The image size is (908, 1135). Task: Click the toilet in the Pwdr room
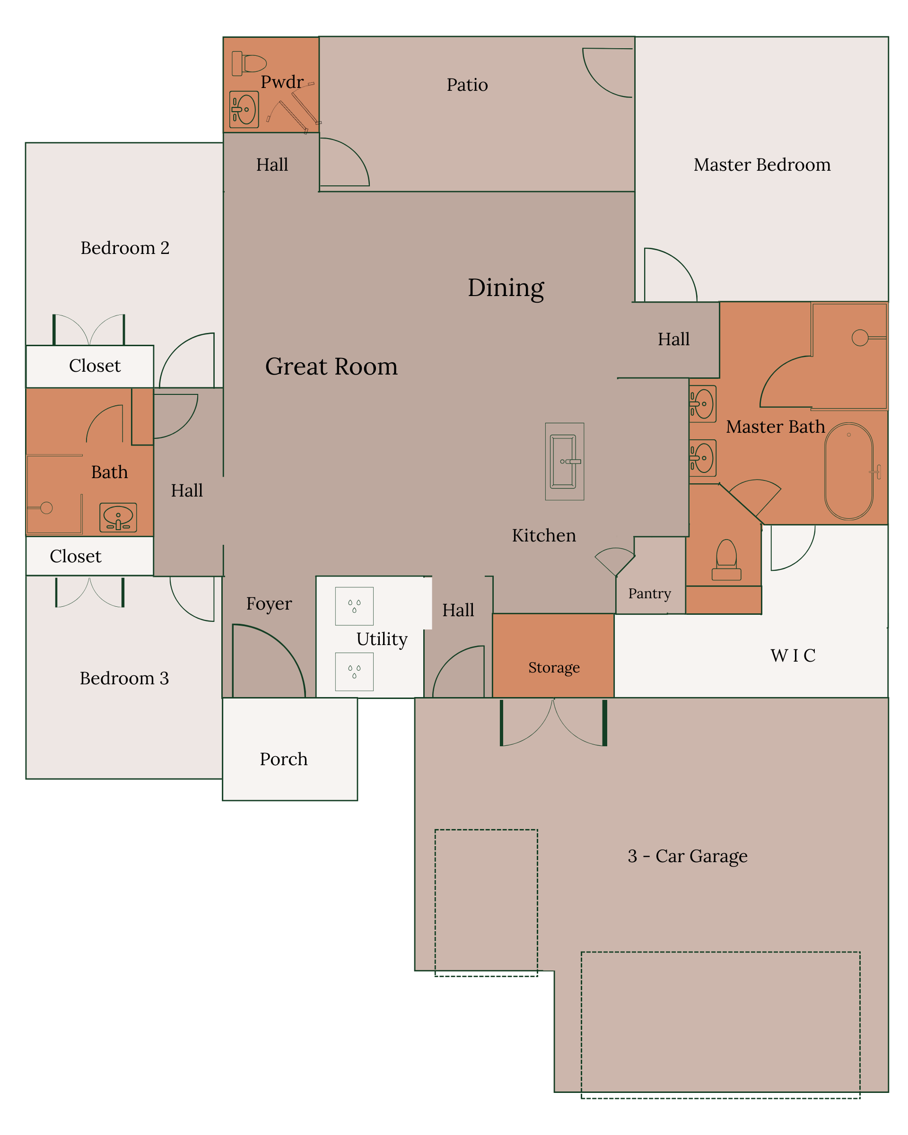(248, 63)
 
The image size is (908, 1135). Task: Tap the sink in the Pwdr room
(244, 110)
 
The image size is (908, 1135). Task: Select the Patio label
(467, 85)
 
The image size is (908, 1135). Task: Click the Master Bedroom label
(762, 165)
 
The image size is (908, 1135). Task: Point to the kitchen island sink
(564, 461)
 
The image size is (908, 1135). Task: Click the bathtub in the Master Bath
(849, 471)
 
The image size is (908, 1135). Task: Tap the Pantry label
(649, 594)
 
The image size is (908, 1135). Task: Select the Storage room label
(554, 668)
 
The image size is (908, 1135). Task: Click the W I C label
(793, 655)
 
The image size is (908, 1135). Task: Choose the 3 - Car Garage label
(688, 856)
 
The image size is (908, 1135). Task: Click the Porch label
(283, 759)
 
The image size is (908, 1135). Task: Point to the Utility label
(382, 639)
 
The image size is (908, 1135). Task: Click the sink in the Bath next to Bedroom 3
(118, 517)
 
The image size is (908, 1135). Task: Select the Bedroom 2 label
(125, 248)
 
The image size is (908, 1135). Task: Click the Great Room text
(331, 367)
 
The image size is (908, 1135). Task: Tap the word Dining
(506, 288)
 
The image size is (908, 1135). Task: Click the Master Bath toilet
(726, 559)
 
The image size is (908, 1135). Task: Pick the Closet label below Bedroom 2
(95, 366)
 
